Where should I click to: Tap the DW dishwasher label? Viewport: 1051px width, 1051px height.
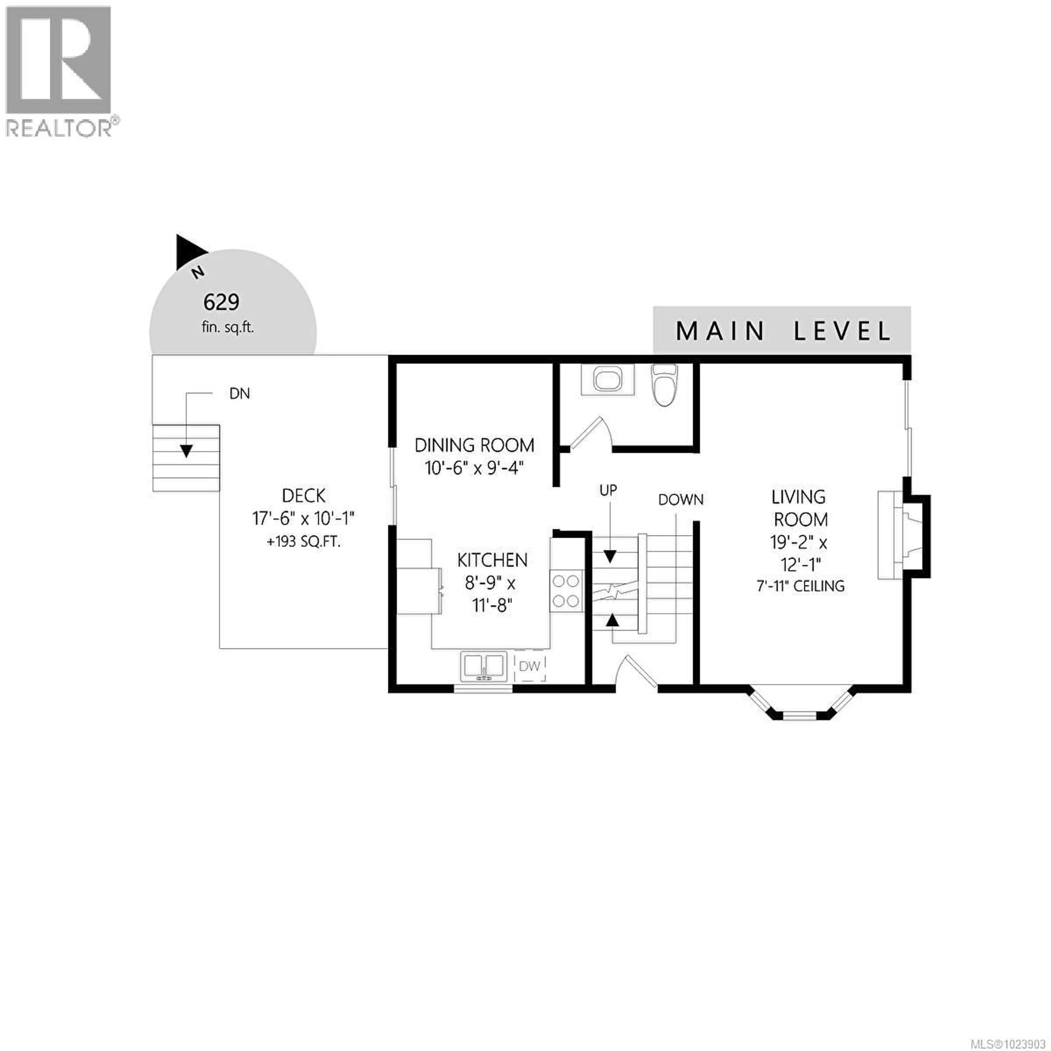click(529, 666)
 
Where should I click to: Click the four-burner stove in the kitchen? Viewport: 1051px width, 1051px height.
click(566, 591)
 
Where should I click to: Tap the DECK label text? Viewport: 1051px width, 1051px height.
click(304, 496)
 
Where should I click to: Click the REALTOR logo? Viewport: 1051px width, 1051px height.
click(59, 71)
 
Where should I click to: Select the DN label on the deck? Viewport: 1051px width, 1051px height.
click(239, 394)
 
